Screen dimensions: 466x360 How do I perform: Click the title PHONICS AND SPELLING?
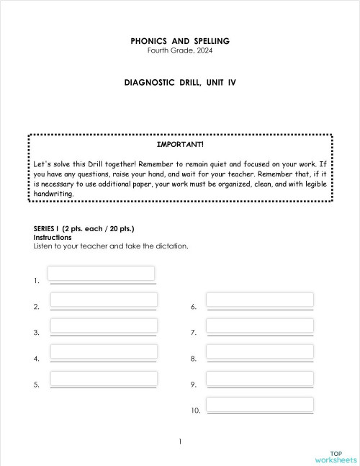click(180, 42)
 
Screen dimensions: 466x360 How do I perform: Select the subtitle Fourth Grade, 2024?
click(180, 51)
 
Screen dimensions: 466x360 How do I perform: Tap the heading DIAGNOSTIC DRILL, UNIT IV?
click(180, 83)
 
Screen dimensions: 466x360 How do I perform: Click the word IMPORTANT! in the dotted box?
click(180, 145)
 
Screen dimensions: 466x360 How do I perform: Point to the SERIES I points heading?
click(84, 229)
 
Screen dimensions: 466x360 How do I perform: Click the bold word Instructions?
click(53, 237)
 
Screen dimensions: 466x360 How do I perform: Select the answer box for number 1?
click(101, 274)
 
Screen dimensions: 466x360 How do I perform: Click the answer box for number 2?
click(104, 300)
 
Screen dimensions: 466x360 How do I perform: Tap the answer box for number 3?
click(104, 326)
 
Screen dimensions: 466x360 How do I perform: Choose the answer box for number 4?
click(104, 351)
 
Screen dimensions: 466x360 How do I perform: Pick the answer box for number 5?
click(104, 377)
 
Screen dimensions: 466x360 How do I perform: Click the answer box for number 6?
click(259, 300)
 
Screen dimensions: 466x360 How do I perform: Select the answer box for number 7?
click(259, 326)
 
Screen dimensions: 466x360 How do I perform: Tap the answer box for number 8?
click(259, 351)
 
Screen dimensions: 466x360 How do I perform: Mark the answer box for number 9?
click(259, 377)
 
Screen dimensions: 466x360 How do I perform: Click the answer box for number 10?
click(259, 404)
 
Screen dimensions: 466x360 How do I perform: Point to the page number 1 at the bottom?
click(180, 442)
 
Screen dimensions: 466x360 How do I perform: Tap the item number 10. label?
click(195, 411)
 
